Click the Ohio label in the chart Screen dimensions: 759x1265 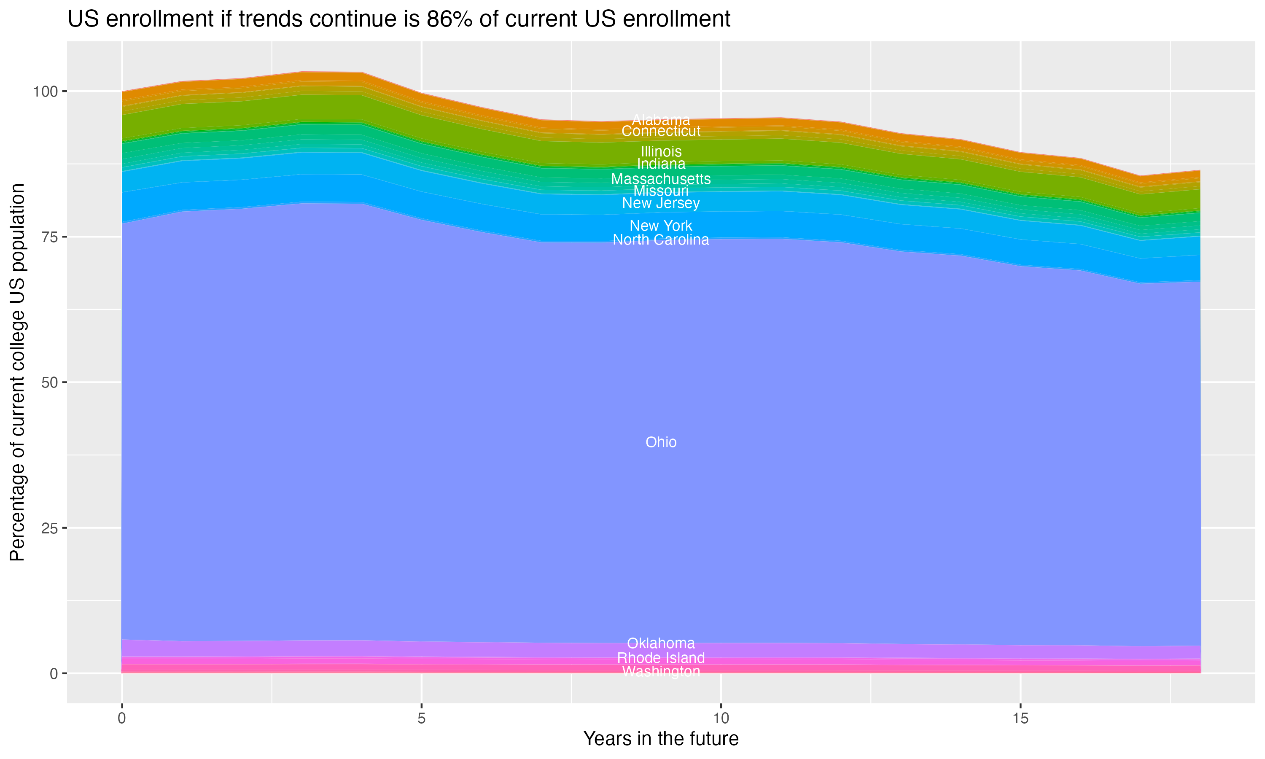(661, 442)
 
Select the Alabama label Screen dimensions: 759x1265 (661, 120)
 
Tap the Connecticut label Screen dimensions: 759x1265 (661, 132)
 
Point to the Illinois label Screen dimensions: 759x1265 (661, 151)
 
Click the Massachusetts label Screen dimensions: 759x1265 (661, 179)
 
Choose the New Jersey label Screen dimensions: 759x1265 (661, 203)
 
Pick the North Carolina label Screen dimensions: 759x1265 (661, 240)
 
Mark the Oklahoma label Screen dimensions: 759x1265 (661, 643)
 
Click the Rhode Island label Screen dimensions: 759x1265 (661, 658)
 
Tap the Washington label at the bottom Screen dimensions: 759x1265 (661, 671)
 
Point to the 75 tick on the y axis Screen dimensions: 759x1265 (47, 237)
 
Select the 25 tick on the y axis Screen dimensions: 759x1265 (47, 528)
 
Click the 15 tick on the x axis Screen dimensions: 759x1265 (1020, 719)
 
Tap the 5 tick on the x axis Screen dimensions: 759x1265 (421, 719)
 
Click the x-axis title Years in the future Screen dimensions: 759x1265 (661, 739)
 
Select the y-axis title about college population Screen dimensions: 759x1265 (17, 372)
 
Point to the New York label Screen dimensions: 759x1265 (661, 226)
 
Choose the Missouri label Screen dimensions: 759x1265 (661, 191)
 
